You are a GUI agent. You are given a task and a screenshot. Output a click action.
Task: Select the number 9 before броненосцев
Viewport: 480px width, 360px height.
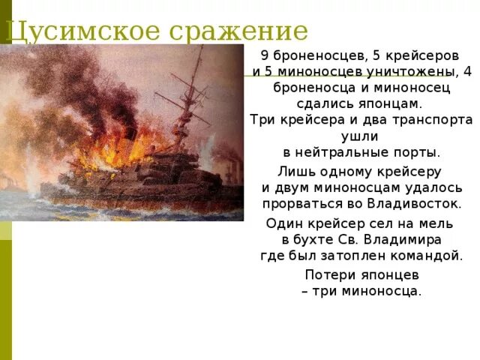click(x=264, y=56)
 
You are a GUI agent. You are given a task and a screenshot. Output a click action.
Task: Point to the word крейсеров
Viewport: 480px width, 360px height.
click(x=429, y=56)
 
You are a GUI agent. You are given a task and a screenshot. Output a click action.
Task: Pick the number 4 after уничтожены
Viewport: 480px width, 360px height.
click(x=468, y=72)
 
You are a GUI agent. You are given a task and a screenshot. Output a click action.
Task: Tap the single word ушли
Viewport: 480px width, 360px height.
click(x=360, y=136)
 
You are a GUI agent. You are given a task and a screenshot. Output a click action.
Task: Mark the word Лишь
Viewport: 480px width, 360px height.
click(x=294, y=171)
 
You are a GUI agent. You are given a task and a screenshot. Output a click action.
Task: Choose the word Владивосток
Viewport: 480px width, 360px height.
click(x=413, y=203)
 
